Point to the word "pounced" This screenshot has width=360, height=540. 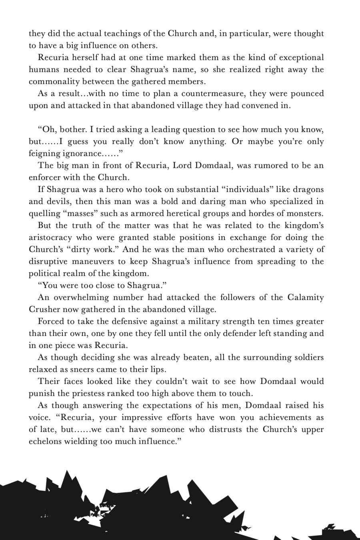[307, 94]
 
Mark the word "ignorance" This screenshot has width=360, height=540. [80, 154]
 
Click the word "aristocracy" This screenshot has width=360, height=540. [52, 238]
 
